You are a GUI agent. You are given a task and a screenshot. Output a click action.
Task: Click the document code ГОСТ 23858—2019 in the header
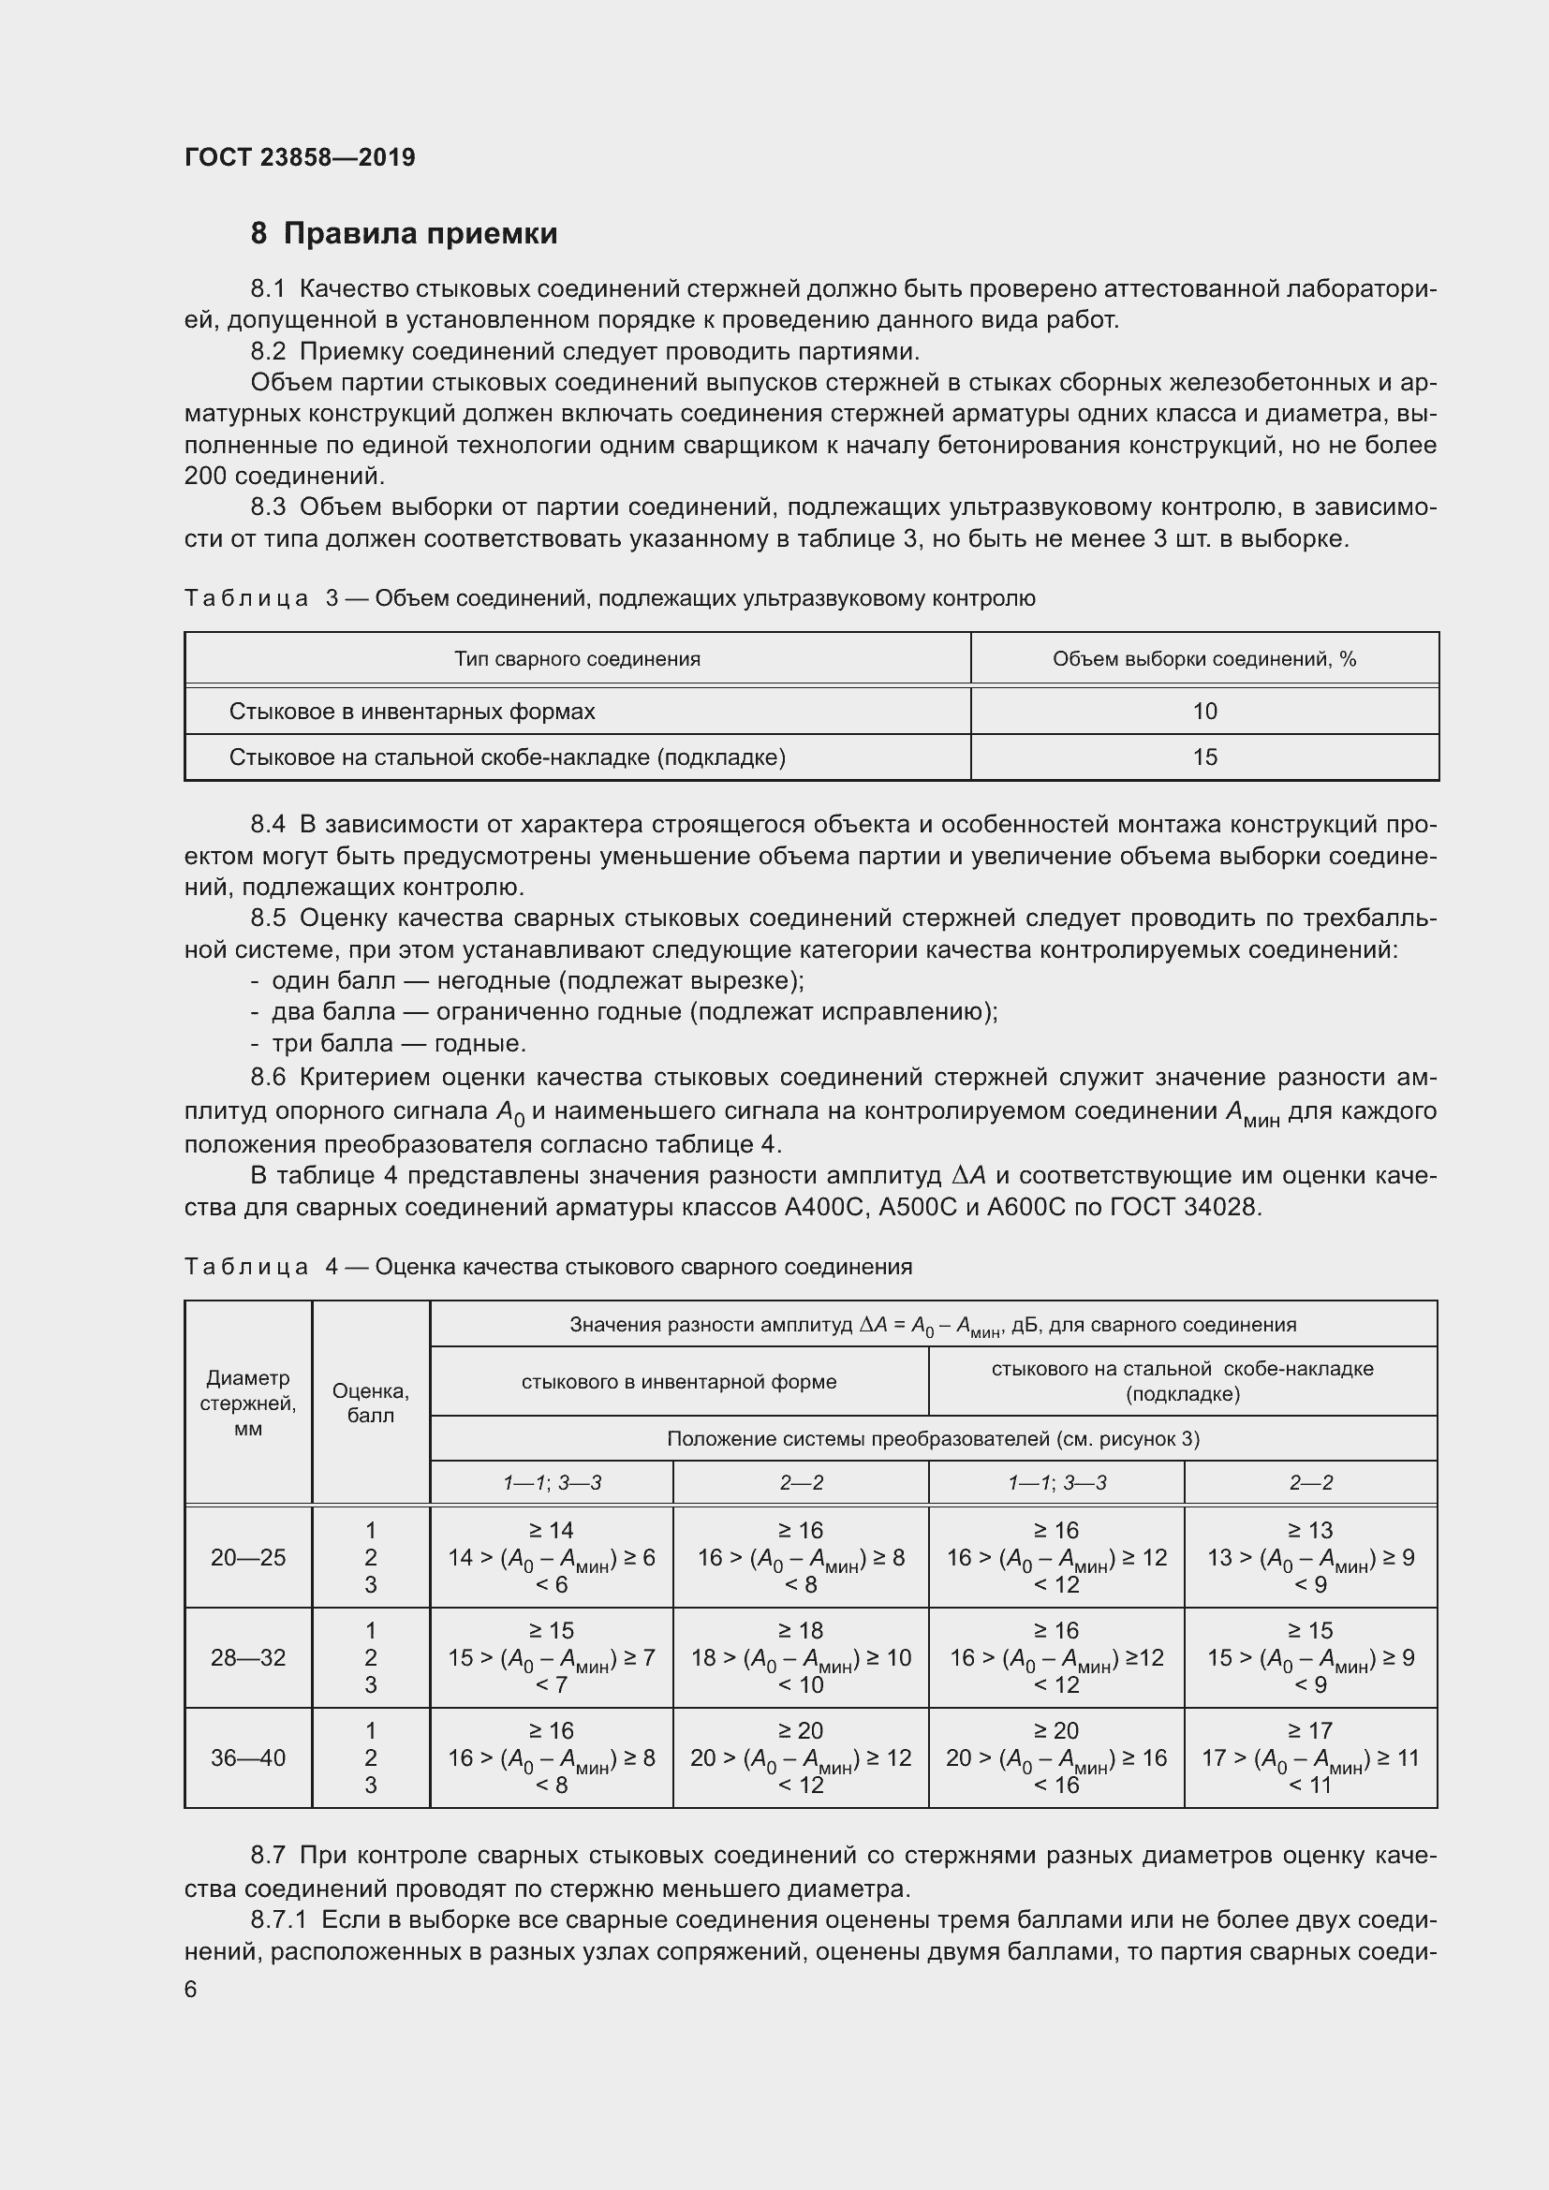(x=300, y=157)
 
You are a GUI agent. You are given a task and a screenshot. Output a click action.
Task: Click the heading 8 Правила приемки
(x=404, y=234)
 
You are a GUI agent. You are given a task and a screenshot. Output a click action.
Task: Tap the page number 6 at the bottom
(x=191, y=1989)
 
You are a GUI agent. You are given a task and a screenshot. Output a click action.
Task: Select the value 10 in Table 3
(x=1203, y=711)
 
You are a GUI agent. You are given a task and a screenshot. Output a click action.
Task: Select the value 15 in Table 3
(x=1203, y=757)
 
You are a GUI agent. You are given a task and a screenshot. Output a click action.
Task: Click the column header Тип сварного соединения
(x=577, y=659)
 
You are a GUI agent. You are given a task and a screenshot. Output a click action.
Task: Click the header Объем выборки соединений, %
(x=1203, y=659)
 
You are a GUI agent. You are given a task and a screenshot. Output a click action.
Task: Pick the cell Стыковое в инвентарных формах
(x=412, y=712)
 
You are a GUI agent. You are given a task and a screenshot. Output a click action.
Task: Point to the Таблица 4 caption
(x=548, y=1267)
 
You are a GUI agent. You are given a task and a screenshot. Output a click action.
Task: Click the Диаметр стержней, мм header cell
(x=248, y=1404)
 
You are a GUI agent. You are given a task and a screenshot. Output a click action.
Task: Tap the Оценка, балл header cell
(x=370, y=1404)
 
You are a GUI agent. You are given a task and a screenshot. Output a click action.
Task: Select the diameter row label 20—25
(x=248, y=1558)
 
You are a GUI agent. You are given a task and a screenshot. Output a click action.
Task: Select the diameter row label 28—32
(x=248, y=1658)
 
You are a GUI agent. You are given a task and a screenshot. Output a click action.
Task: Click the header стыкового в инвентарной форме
(x=678, y=1381)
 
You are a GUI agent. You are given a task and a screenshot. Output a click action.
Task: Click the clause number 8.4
(x=268, y=824)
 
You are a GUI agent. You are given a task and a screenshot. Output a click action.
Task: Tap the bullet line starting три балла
(x=399, y=1042)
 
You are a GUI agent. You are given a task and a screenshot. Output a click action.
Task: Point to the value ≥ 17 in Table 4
(x=1309, y=1730)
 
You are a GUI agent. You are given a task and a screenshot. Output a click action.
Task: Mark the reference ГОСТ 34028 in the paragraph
(x=1186, y=1208)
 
